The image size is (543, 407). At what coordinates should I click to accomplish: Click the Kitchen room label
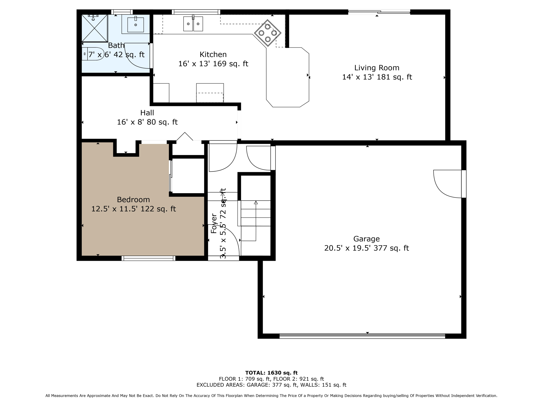coord(213,55)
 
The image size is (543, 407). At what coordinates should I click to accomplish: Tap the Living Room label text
coord(376,68)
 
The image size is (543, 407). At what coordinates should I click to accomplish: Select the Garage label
coord(366,239)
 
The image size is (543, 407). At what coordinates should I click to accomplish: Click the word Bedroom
coord(133,200)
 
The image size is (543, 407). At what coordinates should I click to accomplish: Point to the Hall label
coord(147,113)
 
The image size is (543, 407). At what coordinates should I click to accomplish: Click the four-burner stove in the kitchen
coord(268,33)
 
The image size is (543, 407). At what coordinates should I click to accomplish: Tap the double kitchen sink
coord(193,24)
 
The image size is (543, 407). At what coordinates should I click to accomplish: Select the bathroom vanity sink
coord(135,25)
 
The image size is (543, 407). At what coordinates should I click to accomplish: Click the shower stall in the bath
coord(94,28)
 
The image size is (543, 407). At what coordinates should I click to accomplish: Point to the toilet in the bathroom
coord(93,54)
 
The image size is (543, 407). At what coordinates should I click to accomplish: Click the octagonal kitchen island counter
coord(287,77)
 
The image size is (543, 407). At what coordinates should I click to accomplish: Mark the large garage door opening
coord(362,336)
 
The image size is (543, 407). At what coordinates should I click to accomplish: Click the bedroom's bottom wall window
coord(148,258)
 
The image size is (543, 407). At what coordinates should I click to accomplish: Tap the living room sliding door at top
coord(379,12)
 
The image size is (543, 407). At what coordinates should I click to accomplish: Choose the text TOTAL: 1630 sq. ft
coord(271,373)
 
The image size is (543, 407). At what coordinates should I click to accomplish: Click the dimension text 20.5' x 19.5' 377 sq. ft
coord(366,248)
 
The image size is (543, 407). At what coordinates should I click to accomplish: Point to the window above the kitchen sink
coord(196,12)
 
